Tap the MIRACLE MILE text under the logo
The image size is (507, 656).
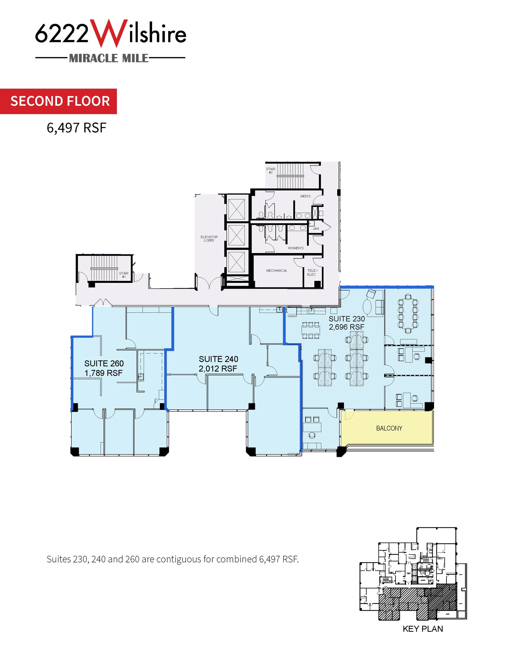(x=109, y=58)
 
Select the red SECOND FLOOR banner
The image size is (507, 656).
(x=60, y=101)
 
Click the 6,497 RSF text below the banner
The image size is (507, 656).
(x=76, y=128)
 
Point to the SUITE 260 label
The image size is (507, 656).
(x=104, y=363)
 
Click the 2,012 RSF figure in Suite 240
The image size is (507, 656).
(x=218, y=369)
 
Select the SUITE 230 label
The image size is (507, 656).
(x=347, y=319)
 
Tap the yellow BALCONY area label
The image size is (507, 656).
(x=389, y=428)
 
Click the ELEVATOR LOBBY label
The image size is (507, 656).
(x=209, y=239)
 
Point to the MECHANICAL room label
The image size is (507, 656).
(x=276, y=271)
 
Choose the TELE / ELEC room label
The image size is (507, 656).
(x=312, y=273)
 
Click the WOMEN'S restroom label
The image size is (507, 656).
(x=295, y=248)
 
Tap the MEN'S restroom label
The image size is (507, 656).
(x=305, y=196)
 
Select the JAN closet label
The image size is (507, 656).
(x=316, y=229)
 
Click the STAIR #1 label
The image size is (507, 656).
(x=124, y=275)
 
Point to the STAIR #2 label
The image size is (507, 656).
(x=270, y=171)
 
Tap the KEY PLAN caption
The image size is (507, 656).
(x=422, y=629)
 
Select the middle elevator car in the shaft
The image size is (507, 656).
(x=236, y=235)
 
